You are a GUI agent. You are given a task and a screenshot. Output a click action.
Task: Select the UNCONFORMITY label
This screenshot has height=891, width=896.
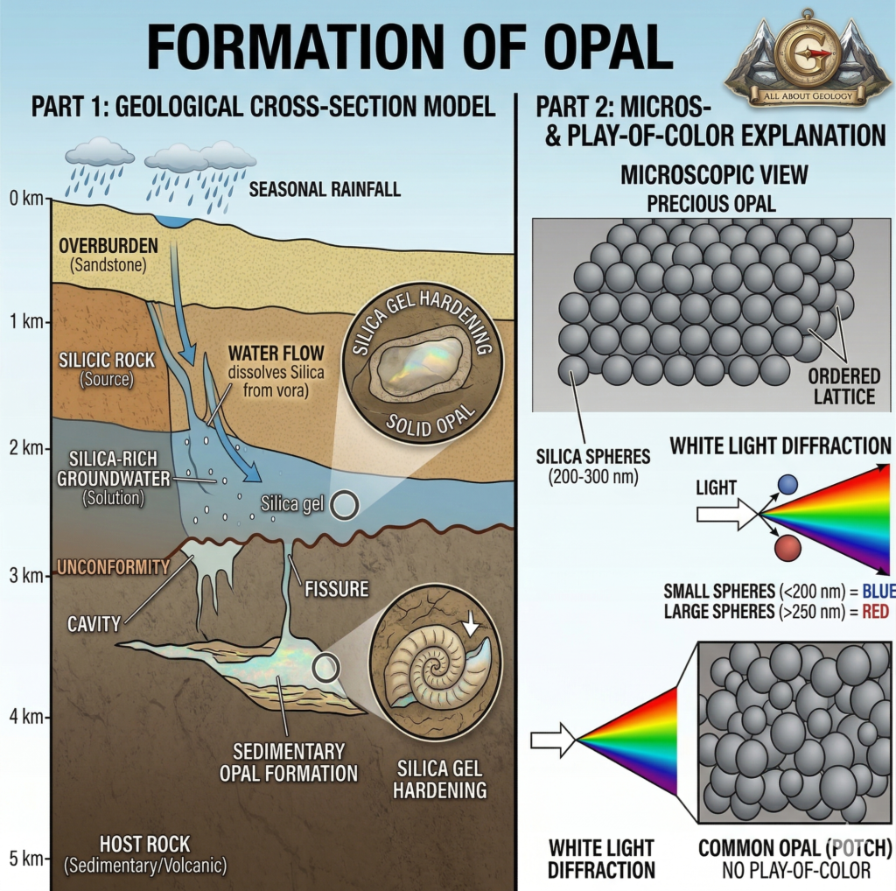[112, 567]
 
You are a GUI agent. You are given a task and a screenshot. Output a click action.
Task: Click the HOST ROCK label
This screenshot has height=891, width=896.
[144, 845]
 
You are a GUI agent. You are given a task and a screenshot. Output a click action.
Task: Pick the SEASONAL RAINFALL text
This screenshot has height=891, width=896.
[325, 189]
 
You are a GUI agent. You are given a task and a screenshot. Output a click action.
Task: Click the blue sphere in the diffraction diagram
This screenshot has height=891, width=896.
[787, 484]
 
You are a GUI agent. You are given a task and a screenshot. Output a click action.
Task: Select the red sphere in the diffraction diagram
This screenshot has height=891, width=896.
[787, 548]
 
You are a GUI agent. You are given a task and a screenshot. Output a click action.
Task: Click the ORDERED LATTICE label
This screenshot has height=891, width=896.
[843, 386]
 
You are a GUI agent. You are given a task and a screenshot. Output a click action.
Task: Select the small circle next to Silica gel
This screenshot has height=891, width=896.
[343, 504]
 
